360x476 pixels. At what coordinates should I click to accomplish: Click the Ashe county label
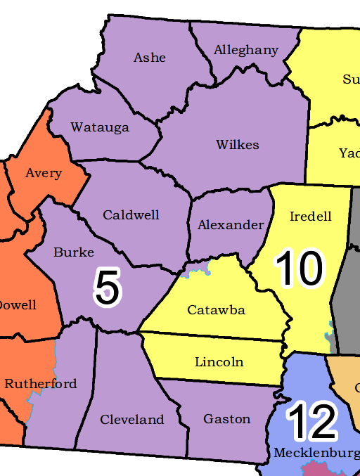150,58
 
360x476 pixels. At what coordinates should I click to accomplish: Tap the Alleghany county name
246,51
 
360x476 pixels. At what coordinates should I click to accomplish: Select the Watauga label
100,127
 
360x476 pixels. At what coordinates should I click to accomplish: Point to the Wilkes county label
238,145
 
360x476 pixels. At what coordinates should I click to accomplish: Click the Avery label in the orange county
44,173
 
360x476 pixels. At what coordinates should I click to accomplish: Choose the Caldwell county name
131,215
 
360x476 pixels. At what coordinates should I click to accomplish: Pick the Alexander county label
231,225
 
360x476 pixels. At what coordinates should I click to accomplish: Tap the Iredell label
310,217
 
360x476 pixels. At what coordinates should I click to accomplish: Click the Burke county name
74,252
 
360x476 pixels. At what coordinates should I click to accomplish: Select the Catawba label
216,310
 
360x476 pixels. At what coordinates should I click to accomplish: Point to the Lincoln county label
219,362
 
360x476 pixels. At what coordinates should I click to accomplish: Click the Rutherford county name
41,384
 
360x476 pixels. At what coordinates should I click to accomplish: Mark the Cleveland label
132,420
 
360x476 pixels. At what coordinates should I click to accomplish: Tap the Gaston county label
227,419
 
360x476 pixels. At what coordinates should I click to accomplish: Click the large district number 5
108,288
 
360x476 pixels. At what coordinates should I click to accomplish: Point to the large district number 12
312,420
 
